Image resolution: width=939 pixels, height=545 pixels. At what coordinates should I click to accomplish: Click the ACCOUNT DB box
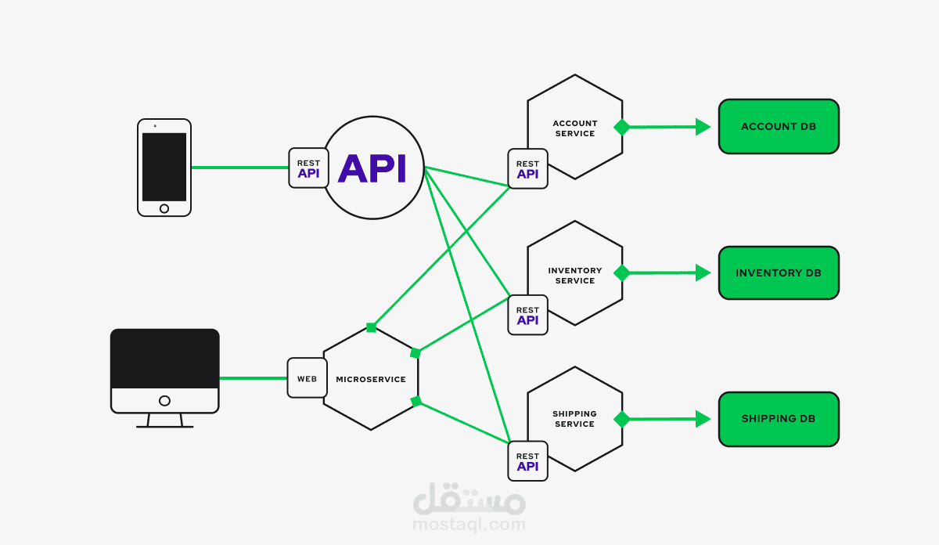click(x=779, y=127)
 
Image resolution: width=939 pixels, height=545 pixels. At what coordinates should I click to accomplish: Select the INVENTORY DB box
click(x=779, y=272)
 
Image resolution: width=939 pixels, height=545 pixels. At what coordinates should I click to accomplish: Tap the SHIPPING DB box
click(x=779, y=419)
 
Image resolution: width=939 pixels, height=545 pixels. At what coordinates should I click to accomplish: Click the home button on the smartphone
click(x=164, y=208)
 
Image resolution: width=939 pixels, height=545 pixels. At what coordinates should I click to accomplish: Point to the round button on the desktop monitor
click(x=165, y=401)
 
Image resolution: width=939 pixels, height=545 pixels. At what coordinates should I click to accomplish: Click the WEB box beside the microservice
click(x=308, y=378)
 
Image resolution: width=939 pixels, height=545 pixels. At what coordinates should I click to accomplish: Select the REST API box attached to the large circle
click(x=308, y=168)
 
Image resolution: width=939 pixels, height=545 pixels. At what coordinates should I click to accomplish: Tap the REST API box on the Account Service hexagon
click(x=527, y=168)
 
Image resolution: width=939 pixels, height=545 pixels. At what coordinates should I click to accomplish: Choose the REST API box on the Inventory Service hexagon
click(x=527, y=315)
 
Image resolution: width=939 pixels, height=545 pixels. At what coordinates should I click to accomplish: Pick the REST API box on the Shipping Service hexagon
click(x=527, y=461)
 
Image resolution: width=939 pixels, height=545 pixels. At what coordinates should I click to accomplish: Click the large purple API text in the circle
click(x=372, y=168)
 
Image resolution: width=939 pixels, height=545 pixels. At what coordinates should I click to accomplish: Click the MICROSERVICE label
click(x=371, y=379)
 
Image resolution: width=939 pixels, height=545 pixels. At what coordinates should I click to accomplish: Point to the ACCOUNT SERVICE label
click(x=574, y=128)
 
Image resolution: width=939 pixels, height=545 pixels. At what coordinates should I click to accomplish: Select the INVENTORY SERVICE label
click(x=574, y=276)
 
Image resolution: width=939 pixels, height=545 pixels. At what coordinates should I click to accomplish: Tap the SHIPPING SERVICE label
click(x=574, y=419)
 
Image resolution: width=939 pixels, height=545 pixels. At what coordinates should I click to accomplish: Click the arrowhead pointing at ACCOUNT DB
click(x=703, y=127)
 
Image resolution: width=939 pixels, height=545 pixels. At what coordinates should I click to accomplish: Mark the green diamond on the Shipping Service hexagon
click(x=621, y=419)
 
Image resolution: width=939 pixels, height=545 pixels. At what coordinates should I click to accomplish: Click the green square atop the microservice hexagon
click(x=371, y=327)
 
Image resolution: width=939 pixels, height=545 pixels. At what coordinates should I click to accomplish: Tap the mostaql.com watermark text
click(x=469, y=525)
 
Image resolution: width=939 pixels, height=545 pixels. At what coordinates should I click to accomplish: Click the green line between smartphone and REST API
click(x=239, y=168)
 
